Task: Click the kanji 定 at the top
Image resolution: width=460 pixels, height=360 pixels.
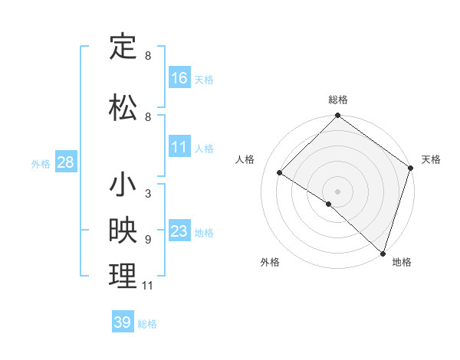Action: tap(123, 47)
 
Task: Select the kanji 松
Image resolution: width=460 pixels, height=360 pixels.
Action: tap(123, 106)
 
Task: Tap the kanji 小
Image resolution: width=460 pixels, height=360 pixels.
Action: tap(123, 186)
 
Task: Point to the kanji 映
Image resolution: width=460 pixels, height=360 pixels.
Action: tap(123, 231)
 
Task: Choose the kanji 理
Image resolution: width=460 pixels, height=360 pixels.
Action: tap(123, 277)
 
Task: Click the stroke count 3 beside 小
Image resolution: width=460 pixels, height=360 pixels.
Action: tap(147, 194)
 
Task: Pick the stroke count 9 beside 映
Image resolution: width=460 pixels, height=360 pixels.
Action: tap(147, 239)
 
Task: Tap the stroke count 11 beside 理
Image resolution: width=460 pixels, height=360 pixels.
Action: tap(148, 286)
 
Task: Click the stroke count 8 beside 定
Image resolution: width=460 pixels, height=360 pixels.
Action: tap(147, 56)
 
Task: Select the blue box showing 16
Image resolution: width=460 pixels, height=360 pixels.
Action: tap(179, 77)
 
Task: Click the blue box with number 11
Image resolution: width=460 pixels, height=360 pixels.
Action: tap(179, 147)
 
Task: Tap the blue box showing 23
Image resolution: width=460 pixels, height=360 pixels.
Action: tap(179, 231)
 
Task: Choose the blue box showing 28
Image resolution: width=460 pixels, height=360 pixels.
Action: tap(65, 162)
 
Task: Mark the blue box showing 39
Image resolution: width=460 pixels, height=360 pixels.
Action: tap(122, 322)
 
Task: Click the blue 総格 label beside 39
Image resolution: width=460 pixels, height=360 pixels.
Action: tap(147, 324)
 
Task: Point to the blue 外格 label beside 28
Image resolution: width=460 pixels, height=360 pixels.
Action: tap(41, 164)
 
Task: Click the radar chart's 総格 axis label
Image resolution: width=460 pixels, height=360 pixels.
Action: tap(338, 100)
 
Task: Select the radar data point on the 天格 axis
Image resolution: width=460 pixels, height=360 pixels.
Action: tap(411, 169)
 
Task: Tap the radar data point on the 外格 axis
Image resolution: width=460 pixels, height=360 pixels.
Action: tap(329, 204)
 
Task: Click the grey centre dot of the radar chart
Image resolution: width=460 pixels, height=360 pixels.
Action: tap(338, 191)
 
